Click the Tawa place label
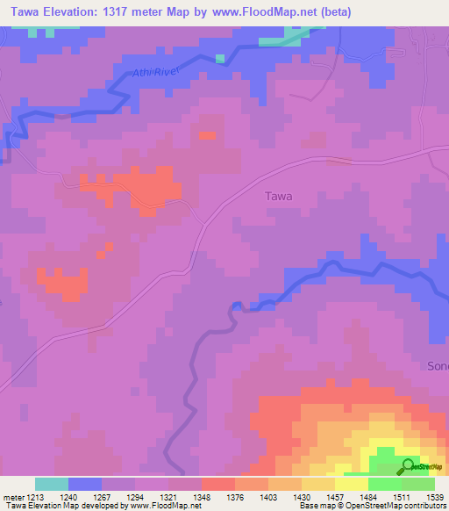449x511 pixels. [x=278, y=197]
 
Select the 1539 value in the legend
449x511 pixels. [x=436, y=496]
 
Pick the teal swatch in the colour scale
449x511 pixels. [x=52, y=484]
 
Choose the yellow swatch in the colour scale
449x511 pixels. [x=352, y=484]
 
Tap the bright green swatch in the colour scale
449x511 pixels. [x=385, y=484]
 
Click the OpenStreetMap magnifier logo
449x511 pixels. [x=407, y=466]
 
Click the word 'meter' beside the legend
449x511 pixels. [x=11, y=496]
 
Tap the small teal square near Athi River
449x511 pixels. [x=219, y=59]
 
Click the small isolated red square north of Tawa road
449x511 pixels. [x=207, y=135]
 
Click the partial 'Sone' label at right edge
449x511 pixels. [x=437, y=365]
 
